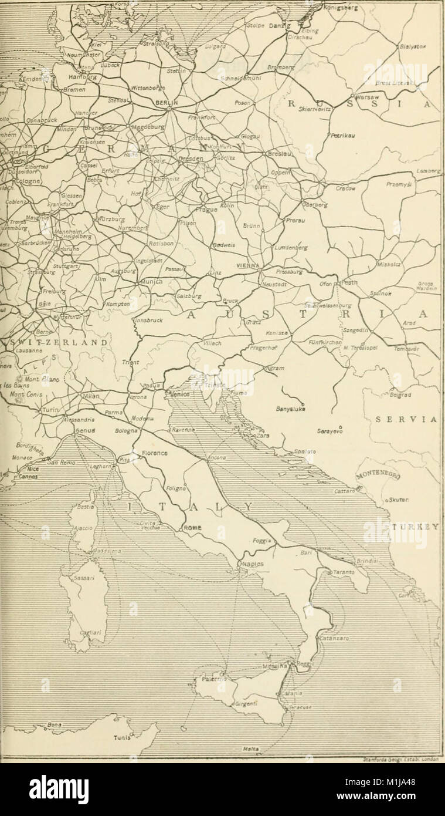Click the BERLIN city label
coord(165,102)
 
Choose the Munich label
coord(150,282)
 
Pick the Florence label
coord(155,453)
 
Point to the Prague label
coord(206,210)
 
